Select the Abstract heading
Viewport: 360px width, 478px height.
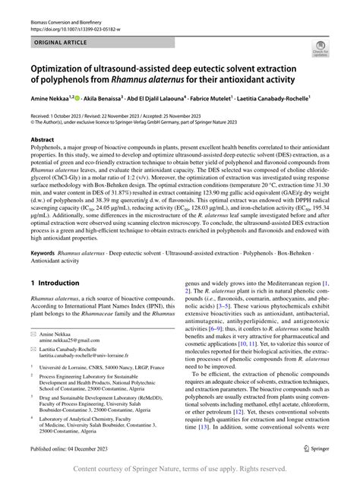(42, 141)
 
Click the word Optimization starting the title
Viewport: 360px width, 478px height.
(65, 69)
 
